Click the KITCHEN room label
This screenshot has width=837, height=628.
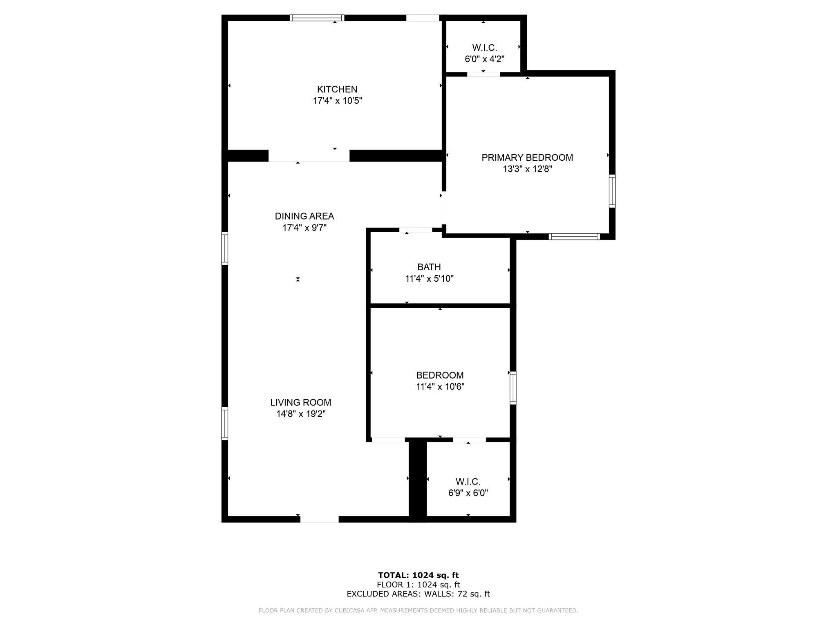337,89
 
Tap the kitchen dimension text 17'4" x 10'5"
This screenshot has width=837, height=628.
338,101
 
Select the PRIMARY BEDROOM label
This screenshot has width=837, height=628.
527,157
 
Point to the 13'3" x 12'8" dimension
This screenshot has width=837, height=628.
527,169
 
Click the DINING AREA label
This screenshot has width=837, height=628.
304,216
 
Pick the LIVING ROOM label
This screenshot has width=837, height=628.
301,402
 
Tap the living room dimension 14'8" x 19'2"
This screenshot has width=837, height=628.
301,414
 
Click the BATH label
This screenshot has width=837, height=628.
429,267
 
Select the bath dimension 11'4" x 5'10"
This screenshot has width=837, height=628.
430,279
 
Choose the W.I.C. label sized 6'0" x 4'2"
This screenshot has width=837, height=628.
484,48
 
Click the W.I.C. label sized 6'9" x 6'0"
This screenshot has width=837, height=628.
468,482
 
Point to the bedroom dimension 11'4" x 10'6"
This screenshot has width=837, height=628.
440,387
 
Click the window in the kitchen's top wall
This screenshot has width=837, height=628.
317,18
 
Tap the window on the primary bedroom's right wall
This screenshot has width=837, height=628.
612,191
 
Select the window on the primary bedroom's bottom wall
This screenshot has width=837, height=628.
574,236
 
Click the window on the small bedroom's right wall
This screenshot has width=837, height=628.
513,388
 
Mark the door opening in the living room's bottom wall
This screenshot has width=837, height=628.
319,519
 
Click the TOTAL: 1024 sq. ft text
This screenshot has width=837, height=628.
418,575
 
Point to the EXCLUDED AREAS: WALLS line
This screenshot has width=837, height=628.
418,594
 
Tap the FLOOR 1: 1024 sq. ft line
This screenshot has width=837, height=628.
418,585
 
